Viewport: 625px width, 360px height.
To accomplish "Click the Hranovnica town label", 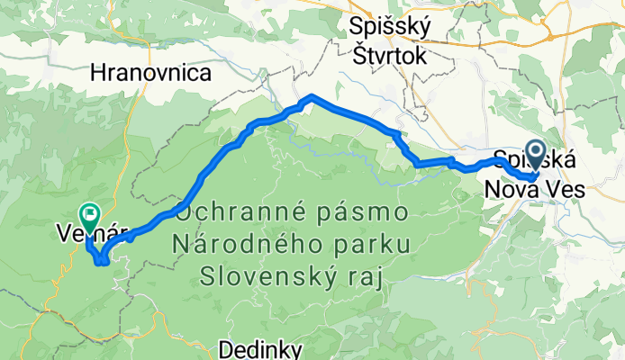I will [x=151, y=73].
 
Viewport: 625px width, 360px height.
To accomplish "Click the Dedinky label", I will [x=261, y=348].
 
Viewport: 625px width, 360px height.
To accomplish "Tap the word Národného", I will [x=253, y=245].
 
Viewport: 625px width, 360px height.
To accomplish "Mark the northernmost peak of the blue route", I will [x=311, y=95].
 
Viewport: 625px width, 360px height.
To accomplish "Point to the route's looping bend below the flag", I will [x=101, y=260].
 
